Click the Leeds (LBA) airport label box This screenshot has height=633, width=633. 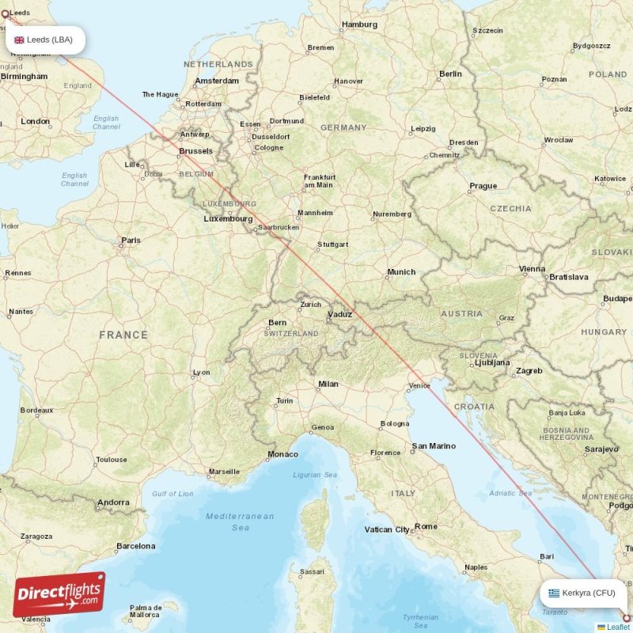pyautogui.click(x=45, y=40)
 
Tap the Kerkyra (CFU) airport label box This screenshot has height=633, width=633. pyautogui.click(x=583, y=593)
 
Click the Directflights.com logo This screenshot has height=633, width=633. pyautogui.click(x=59, y=594)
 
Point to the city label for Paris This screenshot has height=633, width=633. pyautogui.click(x=131, y=241)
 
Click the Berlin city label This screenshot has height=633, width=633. pyautogui.click(x=450, y=74)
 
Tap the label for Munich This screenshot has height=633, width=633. pyautogui.click(x=401, y=272)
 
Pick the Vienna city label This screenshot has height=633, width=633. pyautogui.click(x=532, y=269)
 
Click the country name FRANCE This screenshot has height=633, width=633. pyautogui.click(x=123, y=335)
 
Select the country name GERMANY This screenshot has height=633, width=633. pyautogui.click(x=343, y=127)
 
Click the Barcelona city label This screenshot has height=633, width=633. pyautogui.click(x=136, y=546)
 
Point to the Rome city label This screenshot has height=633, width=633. pyautogui.click(x=426, y=526)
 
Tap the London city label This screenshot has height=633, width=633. pyautogui.click(x=36, y=122)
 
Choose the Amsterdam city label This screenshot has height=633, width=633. pyautogui.click(x=217, y=81)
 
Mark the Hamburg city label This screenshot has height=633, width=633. pyautogui.click(x=359, y=25)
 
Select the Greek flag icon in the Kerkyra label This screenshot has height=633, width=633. pyautogui.click(x=554, y=593)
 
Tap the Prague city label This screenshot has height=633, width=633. pyautogui.click(x=483, y=187)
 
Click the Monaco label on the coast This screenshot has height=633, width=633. pyautogui.click(x=283, y=454)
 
